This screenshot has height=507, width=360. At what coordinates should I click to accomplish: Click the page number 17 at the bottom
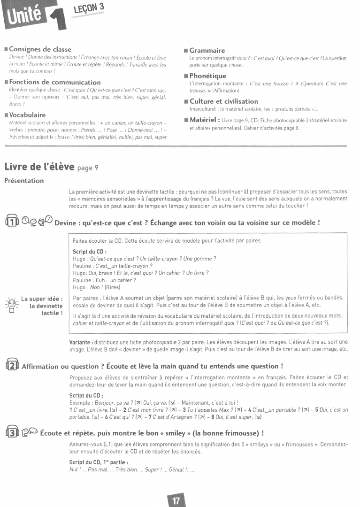(x=176, y=500)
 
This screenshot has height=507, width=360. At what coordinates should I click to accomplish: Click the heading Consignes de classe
(x=40, y=49)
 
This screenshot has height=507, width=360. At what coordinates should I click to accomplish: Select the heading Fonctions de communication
(x=54, y=82)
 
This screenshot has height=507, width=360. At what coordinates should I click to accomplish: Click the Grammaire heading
(x=207, y=50)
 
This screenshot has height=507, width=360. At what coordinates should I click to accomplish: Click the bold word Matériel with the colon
(x=205, y=120)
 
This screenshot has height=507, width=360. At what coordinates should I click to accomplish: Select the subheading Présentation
(x=24, y=180)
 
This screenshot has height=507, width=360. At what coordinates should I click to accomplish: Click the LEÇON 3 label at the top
(x=88, y=8)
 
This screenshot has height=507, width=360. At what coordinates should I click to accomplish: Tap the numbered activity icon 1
(x=11, y=222)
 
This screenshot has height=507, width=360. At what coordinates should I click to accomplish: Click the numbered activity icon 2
(x=11, y=365)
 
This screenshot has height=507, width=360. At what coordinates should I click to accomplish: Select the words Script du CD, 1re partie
(x=92, y=463)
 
